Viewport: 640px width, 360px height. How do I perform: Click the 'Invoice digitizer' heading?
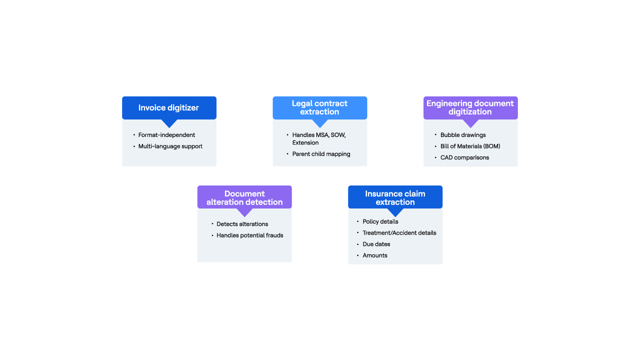(168, 107)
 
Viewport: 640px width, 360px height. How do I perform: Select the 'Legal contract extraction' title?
(319, 107)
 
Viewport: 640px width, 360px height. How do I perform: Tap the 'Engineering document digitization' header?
(470, 107)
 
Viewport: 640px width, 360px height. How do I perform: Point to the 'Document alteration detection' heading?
(244, 197)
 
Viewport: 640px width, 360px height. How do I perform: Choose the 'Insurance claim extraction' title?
(395, 197)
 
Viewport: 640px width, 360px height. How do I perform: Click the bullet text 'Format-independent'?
(166, 135)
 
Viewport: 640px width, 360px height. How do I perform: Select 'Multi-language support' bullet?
(170, 146)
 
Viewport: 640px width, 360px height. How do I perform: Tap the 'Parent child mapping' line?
(321, 154)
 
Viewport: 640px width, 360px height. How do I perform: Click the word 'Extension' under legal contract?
(305, 142)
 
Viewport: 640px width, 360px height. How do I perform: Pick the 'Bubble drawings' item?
(463, 135)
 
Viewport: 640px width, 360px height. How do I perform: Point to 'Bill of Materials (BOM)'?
(470, 146)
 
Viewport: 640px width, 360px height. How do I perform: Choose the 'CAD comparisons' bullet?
(464, 157)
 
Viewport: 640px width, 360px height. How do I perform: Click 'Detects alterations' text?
(242, 224)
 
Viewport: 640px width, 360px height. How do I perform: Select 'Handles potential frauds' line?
(249, 235)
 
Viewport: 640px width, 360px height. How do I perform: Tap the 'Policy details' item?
(380, 221)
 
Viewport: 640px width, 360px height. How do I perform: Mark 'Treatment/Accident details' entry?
(399, 233)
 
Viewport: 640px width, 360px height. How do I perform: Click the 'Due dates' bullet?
(376, 244)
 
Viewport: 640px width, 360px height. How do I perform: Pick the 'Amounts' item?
(375, 255)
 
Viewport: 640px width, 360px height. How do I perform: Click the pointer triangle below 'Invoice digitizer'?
(169, 123)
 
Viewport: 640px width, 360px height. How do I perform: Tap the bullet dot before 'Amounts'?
(357, 255)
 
